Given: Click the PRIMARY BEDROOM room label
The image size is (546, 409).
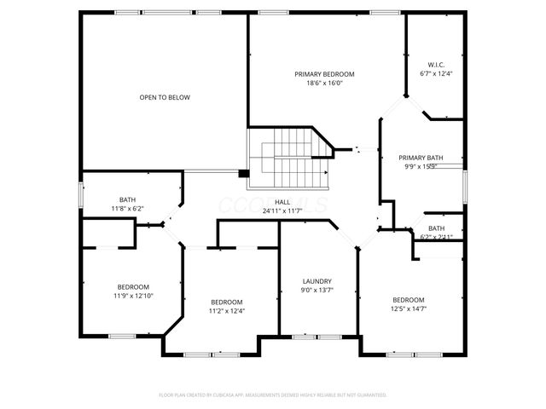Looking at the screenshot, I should coord(324,74).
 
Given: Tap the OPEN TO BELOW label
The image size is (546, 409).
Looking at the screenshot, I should coord(165,97).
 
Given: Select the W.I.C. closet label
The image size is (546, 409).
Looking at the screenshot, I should coord(435,65).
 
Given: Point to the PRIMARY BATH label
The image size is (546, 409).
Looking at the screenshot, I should coord(421,158).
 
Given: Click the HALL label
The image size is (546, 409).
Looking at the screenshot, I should coord(282,202).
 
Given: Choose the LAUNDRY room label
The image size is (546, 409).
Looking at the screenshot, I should coord(317,281).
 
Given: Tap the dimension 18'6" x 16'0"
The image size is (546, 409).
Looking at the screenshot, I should coord(324,84).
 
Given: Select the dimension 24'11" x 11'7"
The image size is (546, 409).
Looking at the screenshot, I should coord(282,210).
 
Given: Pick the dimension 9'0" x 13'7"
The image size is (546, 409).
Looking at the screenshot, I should coord(317,290).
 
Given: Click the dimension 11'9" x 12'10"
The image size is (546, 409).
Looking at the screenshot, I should coord(133,295).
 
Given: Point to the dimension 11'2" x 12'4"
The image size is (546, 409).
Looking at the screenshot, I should coord(227,310).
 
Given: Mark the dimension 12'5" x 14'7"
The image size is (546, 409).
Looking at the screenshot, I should coord(408,308).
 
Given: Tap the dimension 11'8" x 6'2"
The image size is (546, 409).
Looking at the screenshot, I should coord(127,208).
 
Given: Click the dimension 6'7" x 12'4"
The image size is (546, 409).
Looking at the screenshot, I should coord(435,74).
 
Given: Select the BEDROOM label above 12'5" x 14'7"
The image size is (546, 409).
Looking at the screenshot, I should coord(408,299).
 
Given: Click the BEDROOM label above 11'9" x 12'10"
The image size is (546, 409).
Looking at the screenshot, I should coord(133,286).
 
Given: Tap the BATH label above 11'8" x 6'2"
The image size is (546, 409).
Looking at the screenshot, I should coord(127,199).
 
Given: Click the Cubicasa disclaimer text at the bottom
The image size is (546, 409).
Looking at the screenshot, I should coord(273,395).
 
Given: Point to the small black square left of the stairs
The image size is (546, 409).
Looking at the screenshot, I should coord(244,174).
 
